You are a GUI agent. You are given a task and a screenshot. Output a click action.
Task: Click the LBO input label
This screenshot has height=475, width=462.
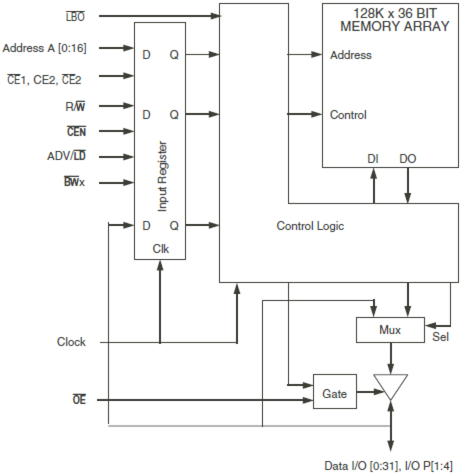(x=75, y=17)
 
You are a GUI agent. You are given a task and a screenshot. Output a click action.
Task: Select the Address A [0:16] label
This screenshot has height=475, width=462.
(x=45, y=48)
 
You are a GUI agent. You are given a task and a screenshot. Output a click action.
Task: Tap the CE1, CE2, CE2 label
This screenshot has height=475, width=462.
(x=44, y=79)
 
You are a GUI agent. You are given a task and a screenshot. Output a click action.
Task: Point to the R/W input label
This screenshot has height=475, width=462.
(x=75, y=107)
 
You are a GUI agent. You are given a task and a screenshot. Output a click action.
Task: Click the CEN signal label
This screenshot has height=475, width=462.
(x=77, y=131)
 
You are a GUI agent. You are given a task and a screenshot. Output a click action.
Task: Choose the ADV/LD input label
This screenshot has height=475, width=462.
(x=66, y=156)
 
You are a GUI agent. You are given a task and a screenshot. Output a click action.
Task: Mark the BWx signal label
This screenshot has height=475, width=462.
(x=74, y=182)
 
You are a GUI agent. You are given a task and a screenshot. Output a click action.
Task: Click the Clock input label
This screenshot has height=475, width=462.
(x=71, y=342)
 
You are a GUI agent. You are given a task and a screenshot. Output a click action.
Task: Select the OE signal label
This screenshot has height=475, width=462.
(x=79, y=400)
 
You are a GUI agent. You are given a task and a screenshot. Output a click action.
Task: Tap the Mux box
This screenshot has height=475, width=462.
(x=390, y=330)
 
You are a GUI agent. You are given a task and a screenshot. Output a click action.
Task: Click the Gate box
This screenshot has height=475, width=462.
(x=334, y=394)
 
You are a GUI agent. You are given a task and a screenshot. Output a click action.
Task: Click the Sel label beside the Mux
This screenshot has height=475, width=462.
(x=440, y=337)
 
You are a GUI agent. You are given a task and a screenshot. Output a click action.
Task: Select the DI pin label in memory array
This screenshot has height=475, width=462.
(x=373, y=159)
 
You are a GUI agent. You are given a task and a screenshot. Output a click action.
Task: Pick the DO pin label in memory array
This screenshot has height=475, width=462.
(x=408, y=159)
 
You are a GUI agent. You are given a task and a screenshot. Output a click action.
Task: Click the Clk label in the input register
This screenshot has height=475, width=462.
(x=161, y=249)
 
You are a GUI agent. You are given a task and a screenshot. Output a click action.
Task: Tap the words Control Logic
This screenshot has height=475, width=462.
(x=310, y=226)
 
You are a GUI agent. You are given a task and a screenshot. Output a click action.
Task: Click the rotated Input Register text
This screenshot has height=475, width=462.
(x=162, y=177)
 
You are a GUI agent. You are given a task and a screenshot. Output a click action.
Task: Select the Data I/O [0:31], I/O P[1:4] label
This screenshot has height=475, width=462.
(x=388, y=466)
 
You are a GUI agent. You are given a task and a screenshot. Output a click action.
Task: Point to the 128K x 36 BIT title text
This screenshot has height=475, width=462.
(x=395, y=14)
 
